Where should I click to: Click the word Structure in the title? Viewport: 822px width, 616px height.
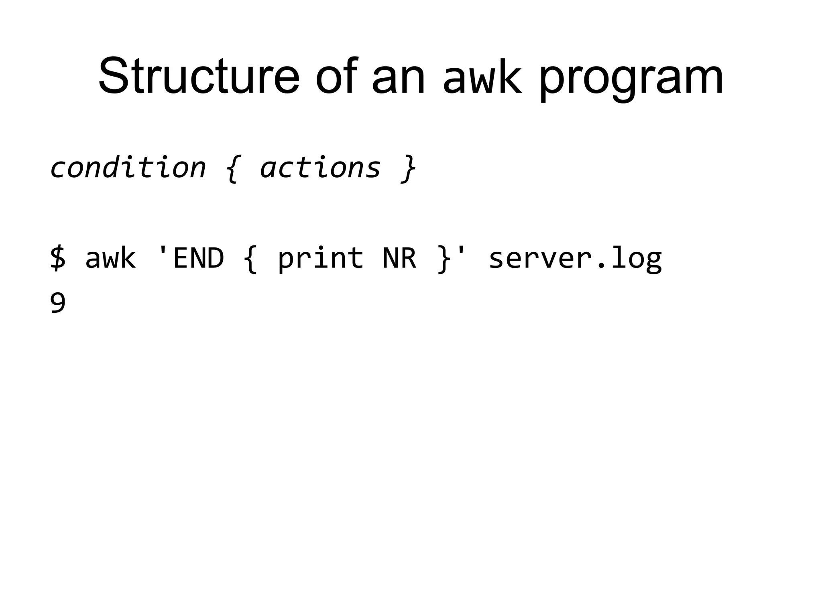pos(199,76)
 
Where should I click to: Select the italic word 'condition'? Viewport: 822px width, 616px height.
pos(128,168)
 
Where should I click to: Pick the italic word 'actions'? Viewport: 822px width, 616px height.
pos(320,168)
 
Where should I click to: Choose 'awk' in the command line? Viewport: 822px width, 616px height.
pos(110,258)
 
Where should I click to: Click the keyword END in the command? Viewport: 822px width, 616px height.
pos(197,258)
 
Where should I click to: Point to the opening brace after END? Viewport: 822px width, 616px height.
pos(250,259)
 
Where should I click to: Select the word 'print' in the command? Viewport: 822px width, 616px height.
pos(320,259)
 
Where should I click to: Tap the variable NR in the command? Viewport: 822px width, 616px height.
pos(399,258)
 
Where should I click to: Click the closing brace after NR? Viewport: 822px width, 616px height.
pos(443,259)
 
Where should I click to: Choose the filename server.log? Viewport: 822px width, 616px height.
pos(575,259)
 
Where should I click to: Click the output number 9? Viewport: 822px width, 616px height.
pos(58,304)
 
